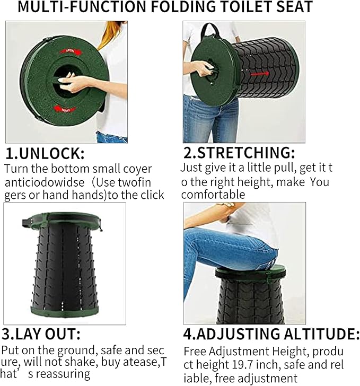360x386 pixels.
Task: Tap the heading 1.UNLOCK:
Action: tap(45, 154)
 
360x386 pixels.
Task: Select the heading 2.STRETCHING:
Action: tap(239, 153)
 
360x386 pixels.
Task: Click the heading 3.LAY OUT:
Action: tap(41, 335)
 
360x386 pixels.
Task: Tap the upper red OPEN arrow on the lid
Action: tap(68, 51)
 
